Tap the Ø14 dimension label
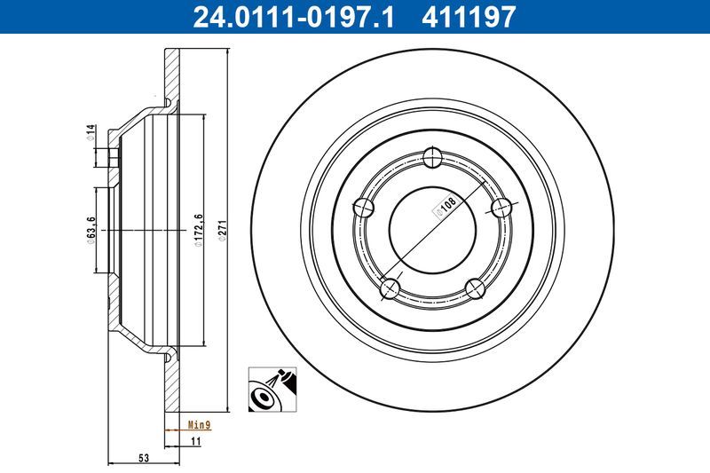pyautogui.click(x=91, y=132)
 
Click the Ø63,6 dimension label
pyautogui.click(x=91, y=231)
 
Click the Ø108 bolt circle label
pyautogui.click(x=445, y=207)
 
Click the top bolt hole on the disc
pyautogui.click(x=433, y=158)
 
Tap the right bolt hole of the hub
pyautogui.click(x=502, y=208)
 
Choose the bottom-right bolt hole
pyautogui.click(x=476, y=288)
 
